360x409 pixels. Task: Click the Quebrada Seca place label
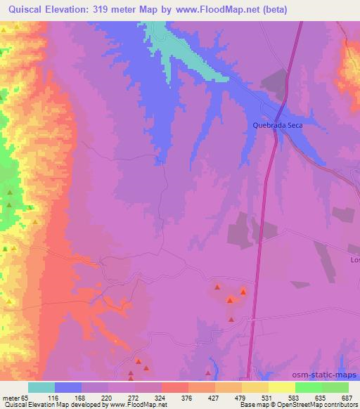click(277, 126)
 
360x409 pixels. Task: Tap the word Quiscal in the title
click(24, 9)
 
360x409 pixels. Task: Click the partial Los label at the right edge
click(354, 260)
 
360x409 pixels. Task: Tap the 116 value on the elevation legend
click(55, 398)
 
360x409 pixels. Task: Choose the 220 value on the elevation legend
click(108, 398)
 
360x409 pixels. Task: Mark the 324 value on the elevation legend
click(161, 398)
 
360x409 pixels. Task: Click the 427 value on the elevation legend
click(214, 398)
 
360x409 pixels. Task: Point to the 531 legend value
click(268, 398)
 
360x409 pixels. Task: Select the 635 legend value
click(321, 398)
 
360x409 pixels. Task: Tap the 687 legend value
click(347, 398)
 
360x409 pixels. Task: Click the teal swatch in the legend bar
click(41, 387)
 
